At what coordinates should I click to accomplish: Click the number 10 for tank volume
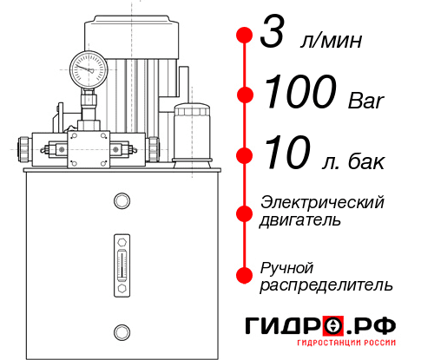pos(285,155)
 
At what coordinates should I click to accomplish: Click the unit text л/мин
pos(329,42)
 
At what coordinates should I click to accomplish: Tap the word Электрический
pos(322,202)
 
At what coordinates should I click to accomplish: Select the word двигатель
pos(300,220)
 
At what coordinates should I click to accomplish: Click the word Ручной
pos(286,266)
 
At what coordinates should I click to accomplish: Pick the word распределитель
pos(326,285)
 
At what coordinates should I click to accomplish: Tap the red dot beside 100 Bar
pos(244,94)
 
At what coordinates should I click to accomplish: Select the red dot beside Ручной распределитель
pos(244,274)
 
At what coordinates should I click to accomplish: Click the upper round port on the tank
pos(122,202)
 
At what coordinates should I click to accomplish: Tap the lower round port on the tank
pos(122,331)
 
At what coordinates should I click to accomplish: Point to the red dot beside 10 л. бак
pos(244,155)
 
